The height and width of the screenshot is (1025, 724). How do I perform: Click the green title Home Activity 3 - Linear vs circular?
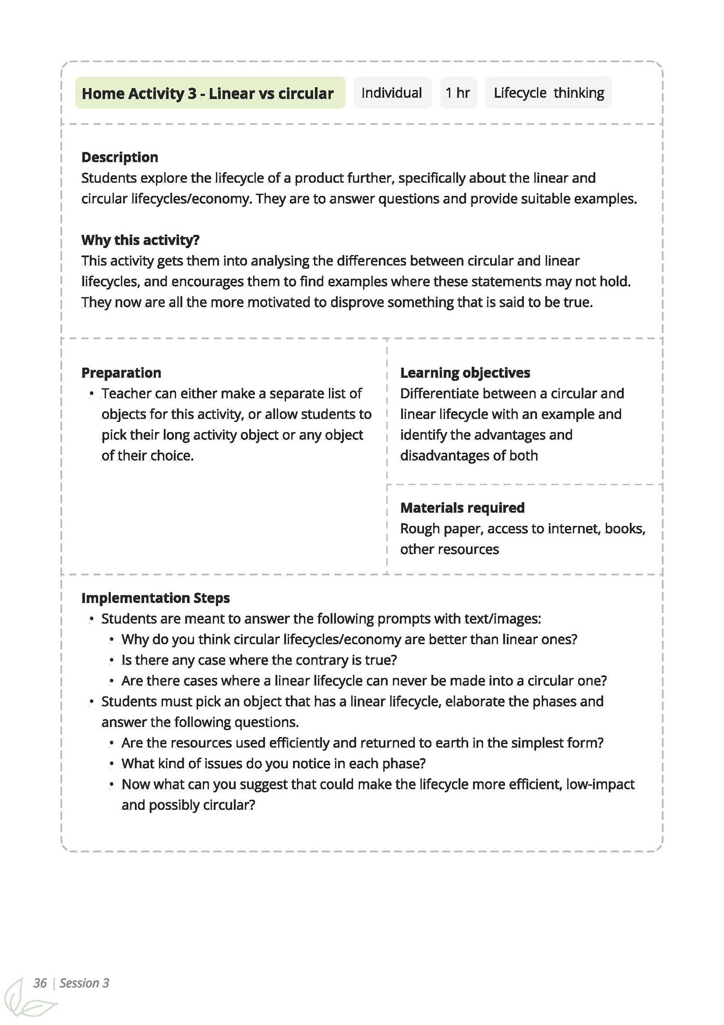(208, 93)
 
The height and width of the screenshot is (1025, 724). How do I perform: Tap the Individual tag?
(391, 93)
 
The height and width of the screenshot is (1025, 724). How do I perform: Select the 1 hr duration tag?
(458, 93)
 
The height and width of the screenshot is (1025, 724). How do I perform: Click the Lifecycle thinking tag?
(548, 93)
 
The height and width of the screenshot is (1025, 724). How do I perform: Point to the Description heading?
(120, 157)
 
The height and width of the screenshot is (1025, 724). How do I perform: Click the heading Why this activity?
(140, 240)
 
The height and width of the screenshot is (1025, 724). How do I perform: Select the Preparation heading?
(121, 373)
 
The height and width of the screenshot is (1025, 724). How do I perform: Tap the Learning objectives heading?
(465, 373)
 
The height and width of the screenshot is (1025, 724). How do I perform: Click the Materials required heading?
(462, 508)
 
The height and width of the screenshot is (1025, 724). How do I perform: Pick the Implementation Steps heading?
(155, 598)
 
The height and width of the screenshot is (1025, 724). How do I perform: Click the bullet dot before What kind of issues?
(111, 764)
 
